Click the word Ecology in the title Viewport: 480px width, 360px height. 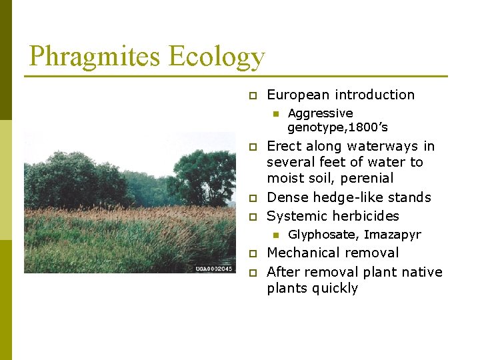point(217,57)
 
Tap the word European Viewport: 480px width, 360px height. point(297,95)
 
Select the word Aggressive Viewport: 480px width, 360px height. point(320,113)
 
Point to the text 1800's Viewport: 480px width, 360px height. point(367,127)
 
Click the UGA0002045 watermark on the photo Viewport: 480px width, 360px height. point(213,269)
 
